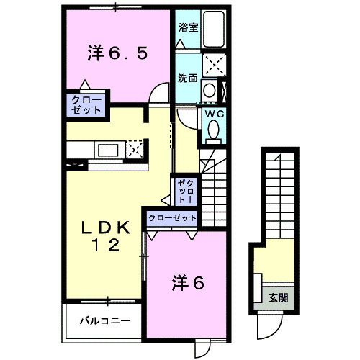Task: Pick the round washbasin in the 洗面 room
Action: pos(208,90)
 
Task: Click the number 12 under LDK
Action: pos(107,246)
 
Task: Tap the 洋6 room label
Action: pos(188,283)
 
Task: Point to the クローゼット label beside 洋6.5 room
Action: pos(86,104)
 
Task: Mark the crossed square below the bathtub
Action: pos(214,65)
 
